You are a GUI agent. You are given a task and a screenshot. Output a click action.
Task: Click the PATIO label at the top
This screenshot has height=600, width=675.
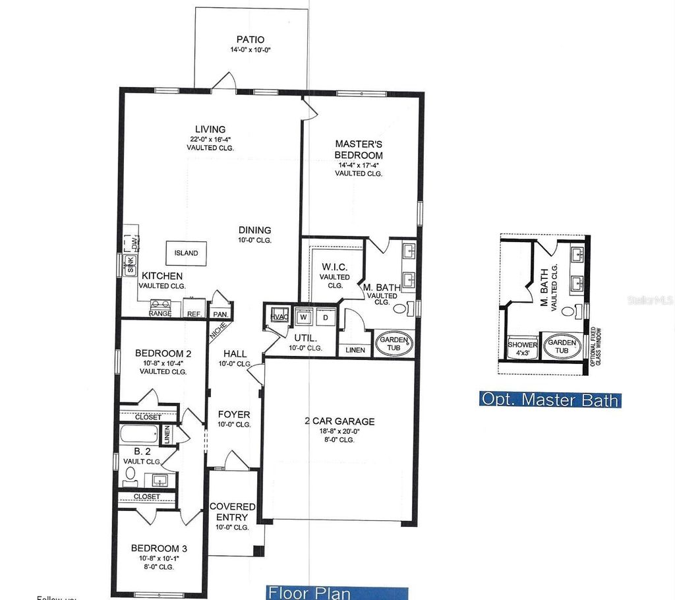pos(250,40)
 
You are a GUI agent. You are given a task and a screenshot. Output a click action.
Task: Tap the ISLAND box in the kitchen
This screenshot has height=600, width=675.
pos(186,253)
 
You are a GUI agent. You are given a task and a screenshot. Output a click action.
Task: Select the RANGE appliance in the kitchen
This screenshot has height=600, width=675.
pos(160,308)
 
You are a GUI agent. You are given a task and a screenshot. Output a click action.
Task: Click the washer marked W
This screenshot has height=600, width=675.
pos(305,317)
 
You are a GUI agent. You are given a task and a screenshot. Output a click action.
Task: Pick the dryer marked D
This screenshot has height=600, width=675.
pos(324,317)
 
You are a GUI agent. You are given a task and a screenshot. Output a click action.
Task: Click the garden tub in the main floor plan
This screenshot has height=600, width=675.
pos(394,344)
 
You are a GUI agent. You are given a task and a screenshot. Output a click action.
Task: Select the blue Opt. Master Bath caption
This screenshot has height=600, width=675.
pos(550,399)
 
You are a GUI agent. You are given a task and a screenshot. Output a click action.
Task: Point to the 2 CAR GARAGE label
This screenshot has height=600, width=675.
pos(339,421)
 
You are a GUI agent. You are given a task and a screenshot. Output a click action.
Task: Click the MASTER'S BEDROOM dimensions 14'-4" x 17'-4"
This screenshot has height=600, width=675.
pos(359,164)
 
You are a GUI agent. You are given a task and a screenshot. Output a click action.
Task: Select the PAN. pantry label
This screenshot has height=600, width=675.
pos(218,314)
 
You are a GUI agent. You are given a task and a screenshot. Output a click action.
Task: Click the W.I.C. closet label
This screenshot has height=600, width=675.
pos(335,267)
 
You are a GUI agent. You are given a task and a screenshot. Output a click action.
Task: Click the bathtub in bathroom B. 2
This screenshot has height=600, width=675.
pos(139,435)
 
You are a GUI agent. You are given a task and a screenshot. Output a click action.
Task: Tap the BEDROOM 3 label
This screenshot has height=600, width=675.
pos(154,548)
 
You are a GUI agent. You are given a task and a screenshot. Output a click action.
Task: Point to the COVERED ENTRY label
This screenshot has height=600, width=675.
pos(232,512)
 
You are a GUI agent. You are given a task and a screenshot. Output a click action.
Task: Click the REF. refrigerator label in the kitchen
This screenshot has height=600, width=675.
pos(194,314)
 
